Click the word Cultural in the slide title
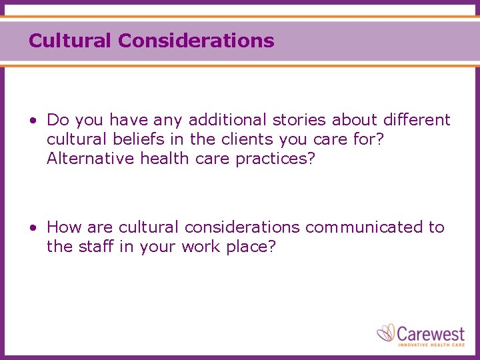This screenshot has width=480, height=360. (x=70, y=41)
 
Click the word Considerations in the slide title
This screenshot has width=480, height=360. (x=196, y=41)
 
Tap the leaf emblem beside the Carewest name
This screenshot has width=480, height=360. (x=387, y=332)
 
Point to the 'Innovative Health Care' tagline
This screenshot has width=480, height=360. (x=431, y=344)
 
